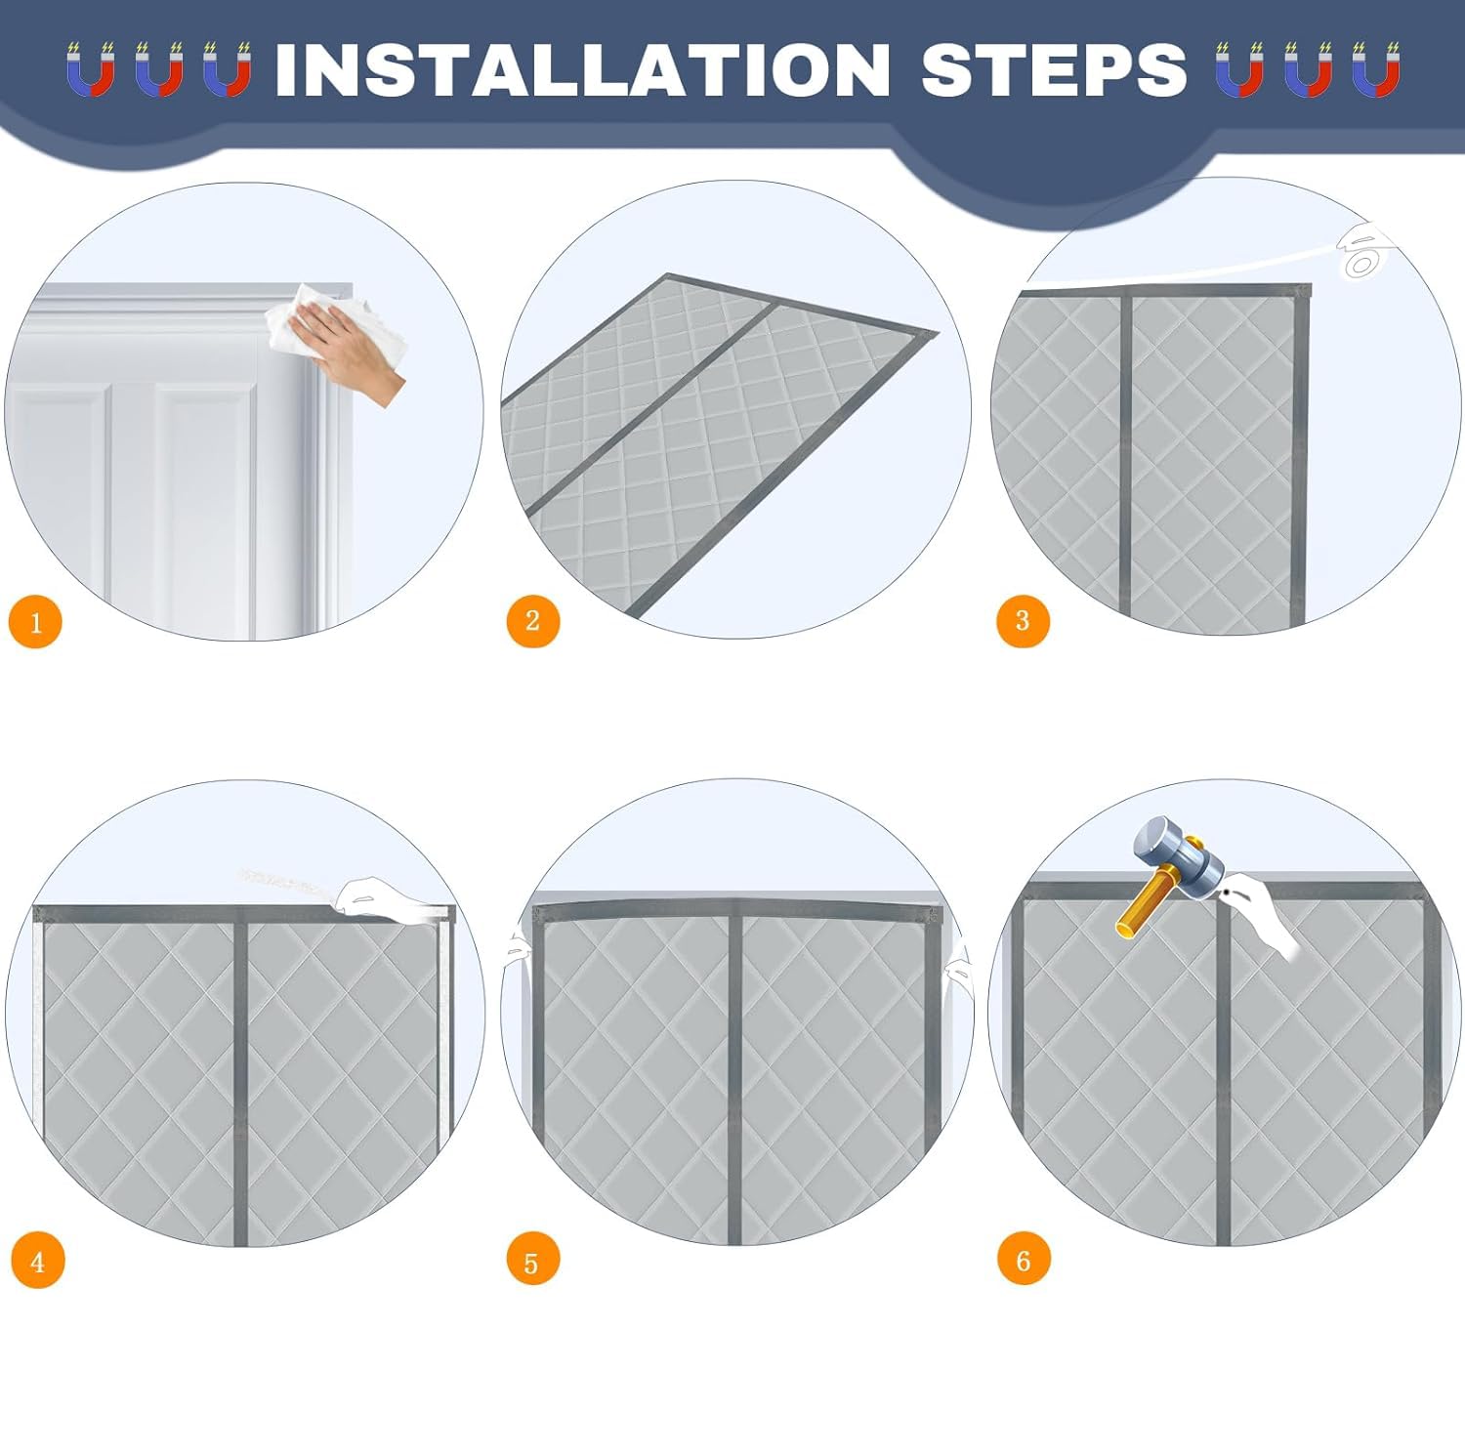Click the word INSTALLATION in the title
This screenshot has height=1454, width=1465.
click(583, 69)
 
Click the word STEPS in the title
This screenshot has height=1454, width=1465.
click(1054, 69)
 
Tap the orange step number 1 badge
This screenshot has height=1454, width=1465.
click(35, 622)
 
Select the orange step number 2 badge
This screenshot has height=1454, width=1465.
click(532, 620)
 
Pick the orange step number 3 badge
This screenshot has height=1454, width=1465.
click(1023, 620)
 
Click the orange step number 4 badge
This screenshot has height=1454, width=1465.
click(37, 1261)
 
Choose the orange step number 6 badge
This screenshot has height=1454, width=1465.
click(1024, 1260)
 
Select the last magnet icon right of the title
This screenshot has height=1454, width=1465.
click(1376, 70)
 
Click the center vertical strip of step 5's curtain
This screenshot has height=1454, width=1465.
click(735, 1074)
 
